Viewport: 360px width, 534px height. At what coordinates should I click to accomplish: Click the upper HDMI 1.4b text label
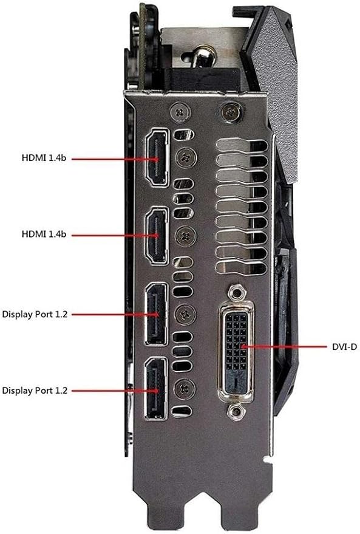pos(44,158)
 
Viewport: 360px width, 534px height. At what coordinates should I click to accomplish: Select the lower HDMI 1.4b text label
pos(44,234)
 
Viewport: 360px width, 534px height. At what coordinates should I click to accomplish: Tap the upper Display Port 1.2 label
pos(35,314)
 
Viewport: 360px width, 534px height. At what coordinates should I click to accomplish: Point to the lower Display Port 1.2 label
pos(35,390)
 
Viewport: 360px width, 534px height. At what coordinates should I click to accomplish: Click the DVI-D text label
pos(344,347)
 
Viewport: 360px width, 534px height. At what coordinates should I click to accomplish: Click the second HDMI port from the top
pos(157,235)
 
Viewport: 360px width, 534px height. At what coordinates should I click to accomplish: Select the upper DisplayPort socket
pos(157,314)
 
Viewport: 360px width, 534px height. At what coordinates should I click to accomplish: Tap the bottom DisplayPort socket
pos(156,389)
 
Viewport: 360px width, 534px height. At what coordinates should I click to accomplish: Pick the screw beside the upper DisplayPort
pos(186,314)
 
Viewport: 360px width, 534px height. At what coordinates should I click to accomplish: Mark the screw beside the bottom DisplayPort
pos(185,389)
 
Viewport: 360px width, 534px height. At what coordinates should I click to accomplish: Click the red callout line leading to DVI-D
pos(284,347)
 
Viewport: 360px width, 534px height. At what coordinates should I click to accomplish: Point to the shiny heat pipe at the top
pos(202,57)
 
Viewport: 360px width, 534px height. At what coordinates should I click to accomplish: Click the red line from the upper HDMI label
pos(115,159)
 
